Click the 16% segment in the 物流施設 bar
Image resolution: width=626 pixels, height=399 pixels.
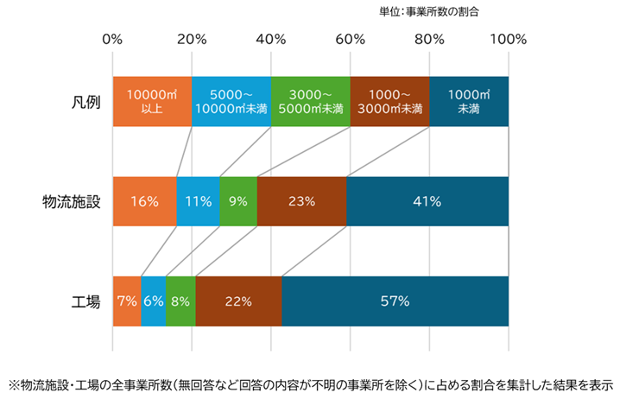tap(144, 201)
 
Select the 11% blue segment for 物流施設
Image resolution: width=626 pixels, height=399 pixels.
tap(198, 201)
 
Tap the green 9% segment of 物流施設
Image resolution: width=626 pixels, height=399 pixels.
tap(238, 201)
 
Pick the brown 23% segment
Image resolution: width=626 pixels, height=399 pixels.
tap(301, 201)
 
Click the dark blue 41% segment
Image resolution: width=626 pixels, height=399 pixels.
tap(427, 201)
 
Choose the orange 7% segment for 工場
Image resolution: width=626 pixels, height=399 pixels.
tap(127, 301)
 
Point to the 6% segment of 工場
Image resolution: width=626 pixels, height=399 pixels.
tap(153, 301)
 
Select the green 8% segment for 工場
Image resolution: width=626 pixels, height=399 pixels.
tap(180, 301)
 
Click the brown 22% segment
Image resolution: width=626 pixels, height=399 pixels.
tap(238, 301)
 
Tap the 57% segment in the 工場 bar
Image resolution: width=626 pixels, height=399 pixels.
tap(395, 301)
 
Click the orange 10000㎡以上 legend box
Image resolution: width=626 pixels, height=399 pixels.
tap(152, 101)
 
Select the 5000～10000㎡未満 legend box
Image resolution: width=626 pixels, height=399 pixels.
tap(231, 101)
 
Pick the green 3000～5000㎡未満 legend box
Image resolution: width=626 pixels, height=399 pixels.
tap(310, 101)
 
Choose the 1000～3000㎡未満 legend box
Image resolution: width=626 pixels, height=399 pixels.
tap(389, 101)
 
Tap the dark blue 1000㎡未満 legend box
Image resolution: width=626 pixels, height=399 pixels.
tap(469, 101)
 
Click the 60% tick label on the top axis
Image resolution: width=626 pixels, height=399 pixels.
tap(350, 40)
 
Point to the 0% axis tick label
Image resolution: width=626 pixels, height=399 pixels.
tap(112, 40)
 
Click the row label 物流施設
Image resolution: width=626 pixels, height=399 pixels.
tap(73, 201)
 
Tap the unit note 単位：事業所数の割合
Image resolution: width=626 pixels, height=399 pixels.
tap(440, 12)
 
